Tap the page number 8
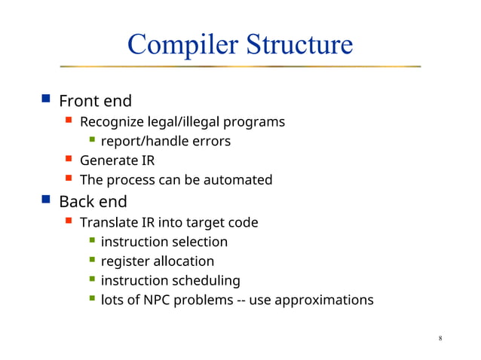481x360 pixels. pyautogui.click(x=440, y=338)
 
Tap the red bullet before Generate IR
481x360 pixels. pyautogui.click(x=69, y=160)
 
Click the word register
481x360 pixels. pyautogui.click(x=124, y=261)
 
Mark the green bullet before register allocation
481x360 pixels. pyautogui.click(x=91, y=261)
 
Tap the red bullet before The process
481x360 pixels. pyautogui.click(x=69, y=179)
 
